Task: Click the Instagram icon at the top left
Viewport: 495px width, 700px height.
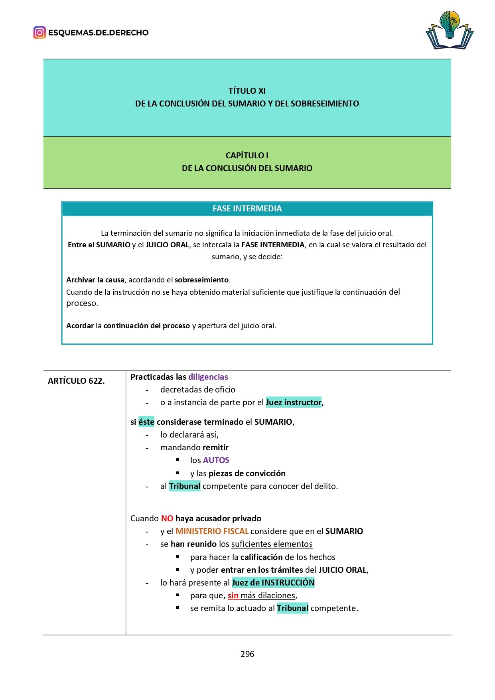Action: (39, 32)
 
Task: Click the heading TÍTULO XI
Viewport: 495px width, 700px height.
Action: (247, 91)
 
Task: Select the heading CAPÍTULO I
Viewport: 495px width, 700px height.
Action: (247, 155)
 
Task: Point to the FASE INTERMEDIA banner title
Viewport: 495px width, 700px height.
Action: (247, 209)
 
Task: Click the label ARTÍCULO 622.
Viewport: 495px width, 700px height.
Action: (76, 381)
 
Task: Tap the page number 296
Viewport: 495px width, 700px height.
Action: (247, 654)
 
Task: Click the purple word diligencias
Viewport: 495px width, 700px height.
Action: (208, 377)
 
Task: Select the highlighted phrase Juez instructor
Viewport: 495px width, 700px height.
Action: (294, 402)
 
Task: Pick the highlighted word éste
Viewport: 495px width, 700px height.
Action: (146, 422)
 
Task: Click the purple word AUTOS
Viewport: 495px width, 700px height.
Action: (216, 460)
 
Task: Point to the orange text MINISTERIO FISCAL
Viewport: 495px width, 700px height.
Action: (212, 531)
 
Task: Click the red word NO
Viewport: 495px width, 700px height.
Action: (167, 519)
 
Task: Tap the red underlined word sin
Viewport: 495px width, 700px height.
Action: (233, 595)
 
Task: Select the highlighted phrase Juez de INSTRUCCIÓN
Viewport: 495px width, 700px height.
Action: (273, 583)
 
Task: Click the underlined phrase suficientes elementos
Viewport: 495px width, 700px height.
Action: (272, 544)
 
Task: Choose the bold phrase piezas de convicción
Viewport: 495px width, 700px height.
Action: (247, 473)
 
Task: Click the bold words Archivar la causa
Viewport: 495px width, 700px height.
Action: (95, 280)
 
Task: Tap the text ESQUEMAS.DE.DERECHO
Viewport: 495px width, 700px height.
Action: (98, 33)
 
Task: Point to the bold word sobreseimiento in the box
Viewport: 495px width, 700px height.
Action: (201, 280)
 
